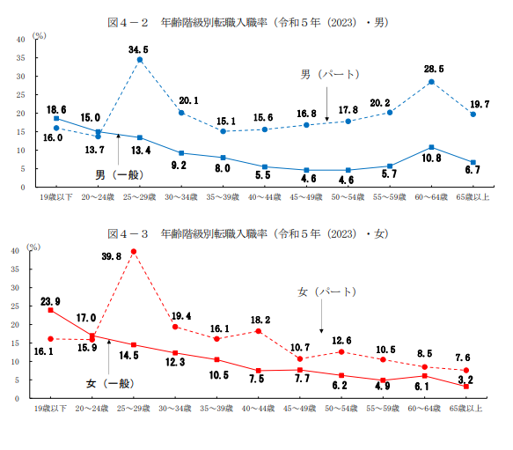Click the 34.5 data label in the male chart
coord(138,50)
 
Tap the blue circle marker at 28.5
coord(431,82)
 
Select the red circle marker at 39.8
coord(134,252)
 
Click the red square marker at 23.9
coord(51,310)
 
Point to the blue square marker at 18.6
coord(56,118)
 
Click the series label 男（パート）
coord(330,74)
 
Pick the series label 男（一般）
coord(119,174)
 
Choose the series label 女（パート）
coord(326,291)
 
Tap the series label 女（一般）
coord(110,384)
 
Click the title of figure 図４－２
coord(248,22)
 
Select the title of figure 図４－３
coord(248,233)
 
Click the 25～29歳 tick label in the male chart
coord(139,197)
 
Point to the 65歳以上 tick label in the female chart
coord(465,409)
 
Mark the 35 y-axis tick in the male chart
coord(20,58)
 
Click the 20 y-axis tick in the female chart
coord(15,325)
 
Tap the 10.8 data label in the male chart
coord(431,159)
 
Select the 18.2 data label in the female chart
coord(260,320)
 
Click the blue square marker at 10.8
coord(431,147)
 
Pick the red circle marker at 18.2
coord(259,331)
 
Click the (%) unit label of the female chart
coord(33,247)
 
